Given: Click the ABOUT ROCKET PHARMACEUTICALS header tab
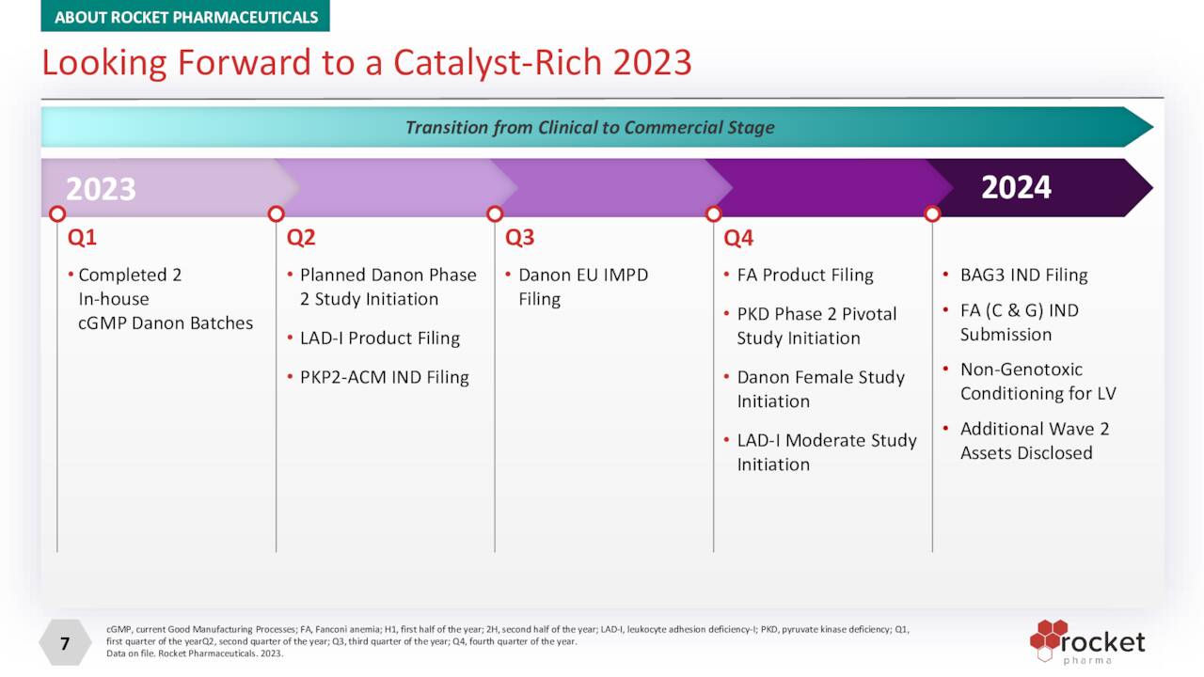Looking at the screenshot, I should tap(185, 16).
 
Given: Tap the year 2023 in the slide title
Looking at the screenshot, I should tap(652, 63).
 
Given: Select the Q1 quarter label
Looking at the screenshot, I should tap(82, 238).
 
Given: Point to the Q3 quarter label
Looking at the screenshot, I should tap(519, 238).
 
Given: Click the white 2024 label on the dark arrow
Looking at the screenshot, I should tap(1016, 187).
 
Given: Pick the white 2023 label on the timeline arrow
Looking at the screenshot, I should tap(101, 189).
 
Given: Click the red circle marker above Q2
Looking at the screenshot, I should tap(276, 214).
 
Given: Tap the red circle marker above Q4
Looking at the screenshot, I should tap(713, 214).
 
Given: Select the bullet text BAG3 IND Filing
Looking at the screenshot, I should tap(1023, 276).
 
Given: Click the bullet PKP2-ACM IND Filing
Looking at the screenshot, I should tap(384, 377).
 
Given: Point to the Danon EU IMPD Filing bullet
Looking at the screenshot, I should tap(583, 276).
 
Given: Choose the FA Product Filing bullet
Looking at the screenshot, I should tap(805, 276).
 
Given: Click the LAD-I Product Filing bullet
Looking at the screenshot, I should tap(380, 338).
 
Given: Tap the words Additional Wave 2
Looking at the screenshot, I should tap(1035, 429).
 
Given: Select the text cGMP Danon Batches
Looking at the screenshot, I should tap(166, 323).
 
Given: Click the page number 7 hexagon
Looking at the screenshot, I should tap(64, 644).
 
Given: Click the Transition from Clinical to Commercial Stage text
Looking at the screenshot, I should tap(590, 127).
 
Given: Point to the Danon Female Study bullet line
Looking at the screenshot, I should tap(820, 377).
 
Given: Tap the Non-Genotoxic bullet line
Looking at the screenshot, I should tap(1022, 370).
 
